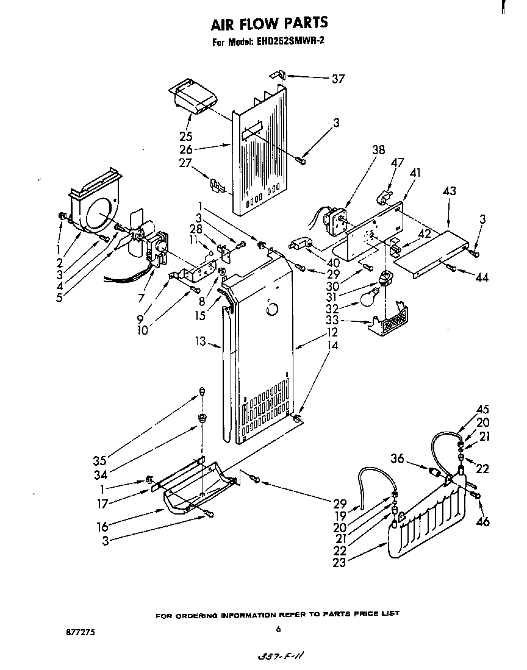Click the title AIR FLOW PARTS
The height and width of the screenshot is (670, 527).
click(x=269, y=23)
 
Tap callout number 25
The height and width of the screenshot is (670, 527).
click(x=186, y=135)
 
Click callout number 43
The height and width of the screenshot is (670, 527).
click(x=449, y=191)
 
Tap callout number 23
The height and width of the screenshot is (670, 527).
click(x=339, y=563)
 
